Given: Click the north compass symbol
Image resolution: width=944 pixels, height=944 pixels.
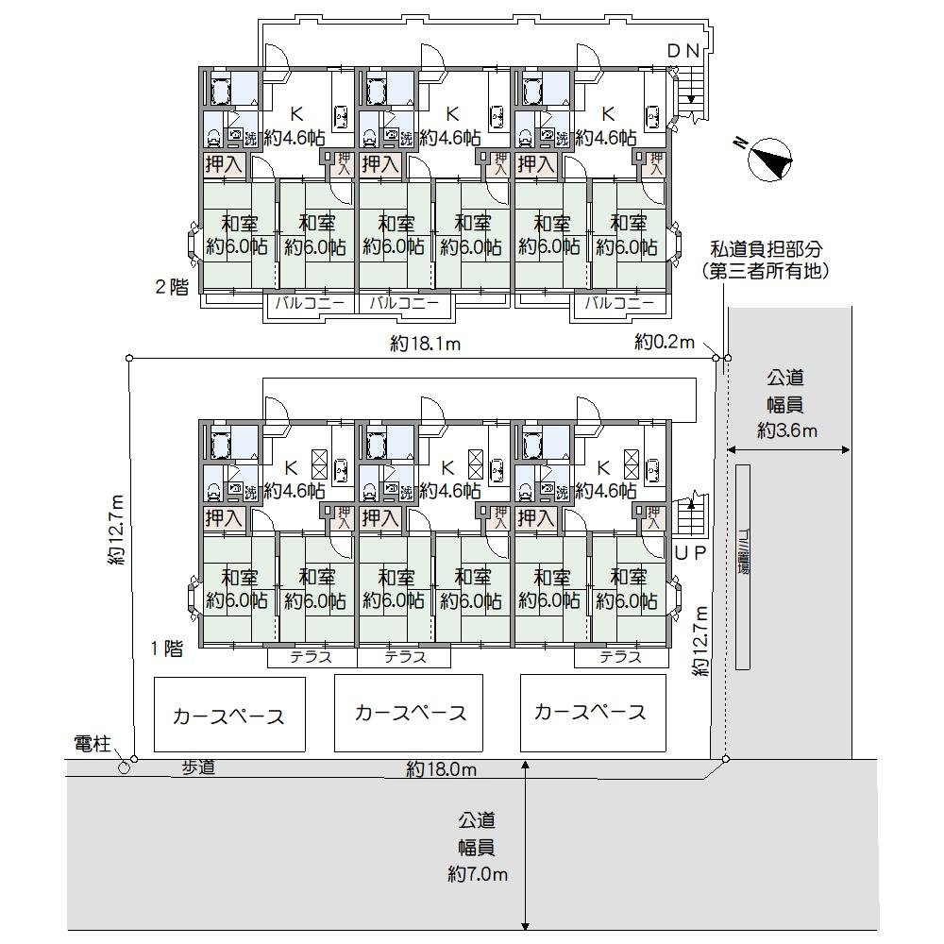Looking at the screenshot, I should pos(769,158).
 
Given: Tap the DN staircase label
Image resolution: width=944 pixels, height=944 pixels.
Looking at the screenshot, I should pos(684,52).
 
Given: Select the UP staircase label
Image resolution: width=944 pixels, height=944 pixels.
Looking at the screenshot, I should pos(691,554).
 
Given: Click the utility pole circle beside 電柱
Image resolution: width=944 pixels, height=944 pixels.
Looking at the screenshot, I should pos(125,767).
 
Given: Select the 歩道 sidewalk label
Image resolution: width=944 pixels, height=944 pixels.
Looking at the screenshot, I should pos(198,768).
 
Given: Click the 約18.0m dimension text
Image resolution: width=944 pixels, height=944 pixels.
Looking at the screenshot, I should pos(442,769).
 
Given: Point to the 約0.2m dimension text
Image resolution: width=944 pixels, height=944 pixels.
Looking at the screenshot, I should pos(665,341).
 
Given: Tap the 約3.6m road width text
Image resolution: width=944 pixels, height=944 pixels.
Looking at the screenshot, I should pos(786,430).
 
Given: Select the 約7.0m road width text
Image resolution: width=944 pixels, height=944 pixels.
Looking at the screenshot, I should pos(478,874).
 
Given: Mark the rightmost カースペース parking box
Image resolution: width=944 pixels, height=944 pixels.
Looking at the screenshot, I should pos(589,712).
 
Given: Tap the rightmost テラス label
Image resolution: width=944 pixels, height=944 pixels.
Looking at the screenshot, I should pos(620,657).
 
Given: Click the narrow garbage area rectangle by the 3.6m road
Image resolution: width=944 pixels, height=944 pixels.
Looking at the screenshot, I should pos(743,566).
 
